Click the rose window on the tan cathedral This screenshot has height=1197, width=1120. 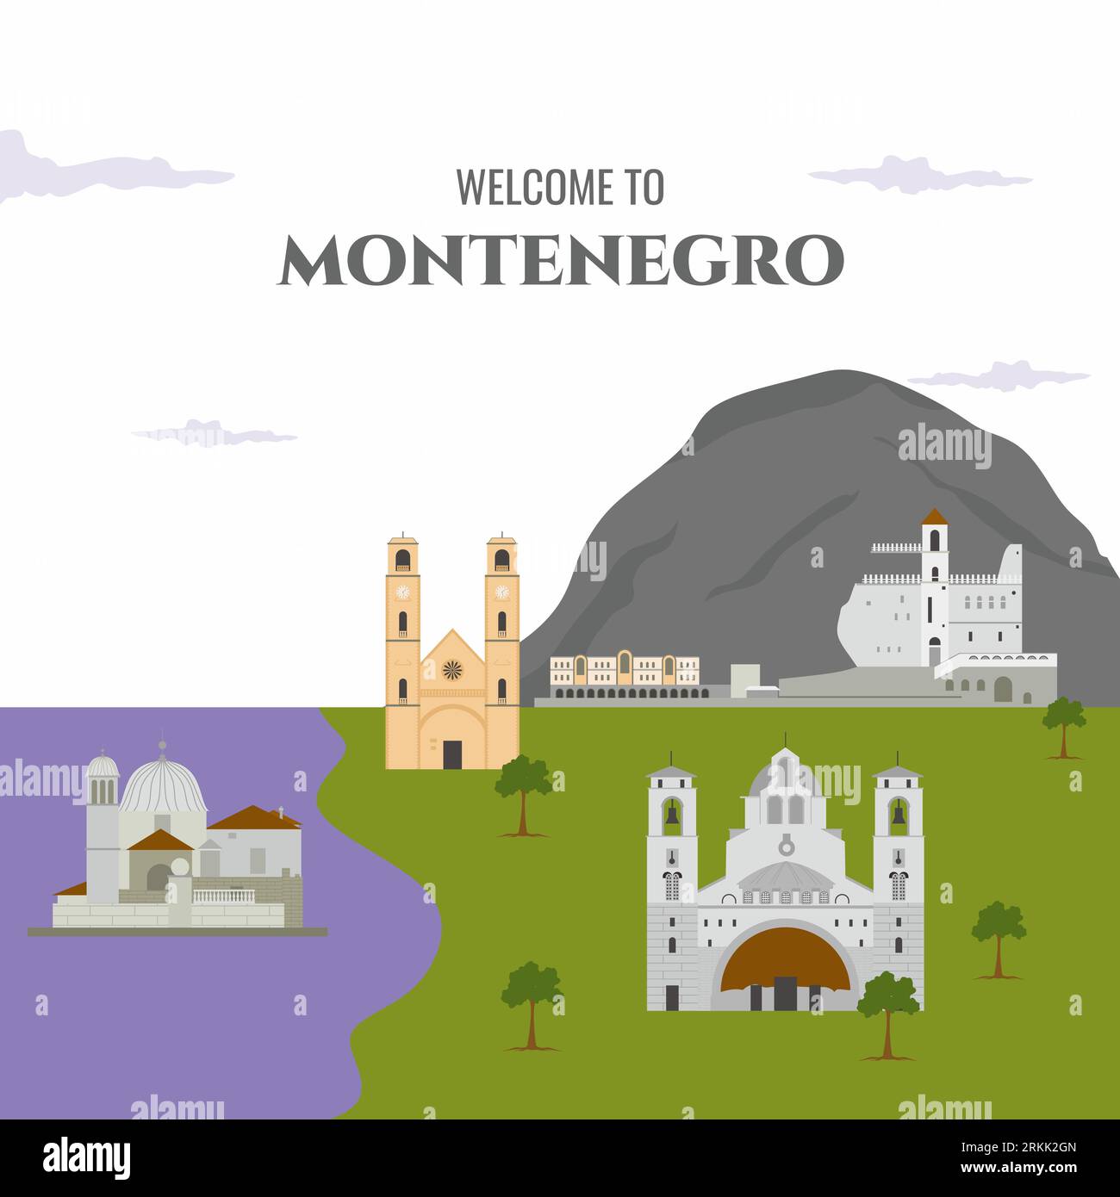coord(452,669)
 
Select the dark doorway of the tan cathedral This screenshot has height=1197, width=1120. coord(452,754)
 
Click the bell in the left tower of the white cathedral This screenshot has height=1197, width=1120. coord(671,814)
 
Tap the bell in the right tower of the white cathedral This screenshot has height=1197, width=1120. coord(898,814)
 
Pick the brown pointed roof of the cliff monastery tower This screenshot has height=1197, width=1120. coord(934,517)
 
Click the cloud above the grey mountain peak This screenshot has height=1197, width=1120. coord(999,376)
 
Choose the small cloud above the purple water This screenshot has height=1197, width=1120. coord(215,432)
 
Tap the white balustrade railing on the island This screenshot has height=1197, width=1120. coord(223,896)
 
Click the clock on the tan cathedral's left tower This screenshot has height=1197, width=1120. coord(401,592)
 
